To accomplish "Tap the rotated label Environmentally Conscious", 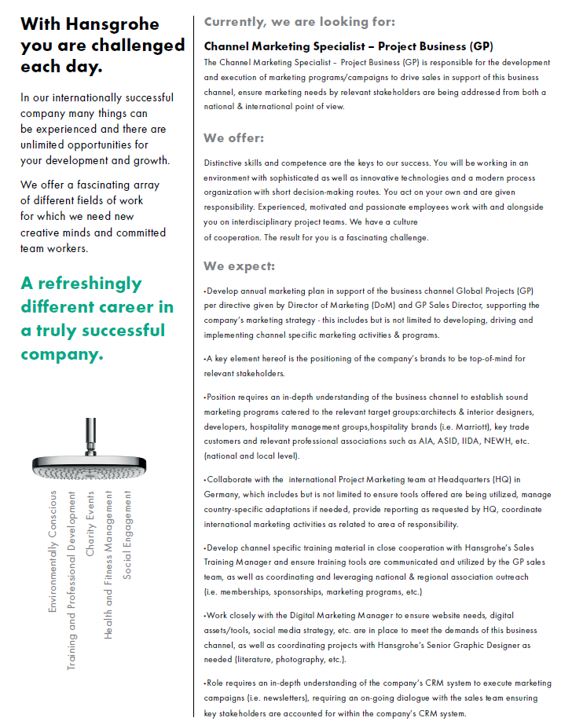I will pos(53,551).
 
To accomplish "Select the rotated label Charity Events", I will pos(90,524).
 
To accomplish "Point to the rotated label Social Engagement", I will pos(128,534).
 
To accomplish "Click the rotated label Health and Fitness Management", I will pos(109,565).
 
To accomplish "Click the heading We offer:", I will pos(234,138).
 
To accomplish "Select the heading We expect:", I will pos(240,265).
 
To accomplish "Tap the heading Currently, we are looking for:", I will pos(299,21).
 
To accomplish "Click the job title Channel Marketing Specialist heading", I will pos(348,46).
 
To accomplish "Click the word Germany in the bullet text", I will pos(223,495).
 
